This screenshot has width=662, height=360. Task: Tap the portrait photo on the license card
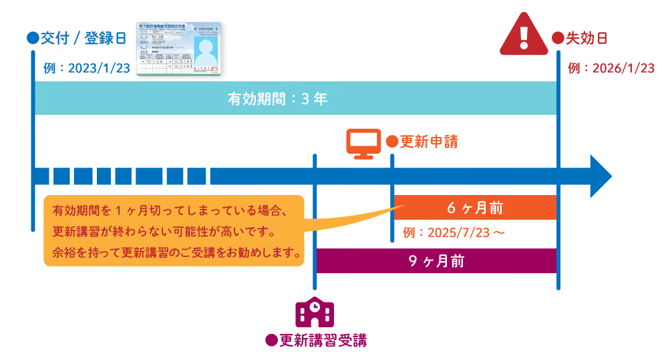[206, 52]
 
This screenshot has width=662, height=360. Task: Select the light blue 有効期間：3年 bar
[295, 98]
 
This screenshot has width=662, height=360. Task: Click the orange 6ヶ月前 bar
[475, 208]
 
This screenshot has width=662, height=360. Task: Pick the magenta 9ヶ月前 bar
[436, 260]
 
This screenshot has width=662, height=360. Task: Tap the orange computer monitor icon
[361, 142]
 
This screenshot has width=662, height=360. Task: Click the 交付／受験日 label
[76, 38]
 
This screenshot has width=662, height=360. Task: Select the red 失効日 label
[579, 38]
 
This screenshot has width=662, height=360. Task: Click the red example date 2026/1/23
[610, 68]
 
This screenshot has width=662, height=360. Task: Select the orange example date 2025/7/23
[454, 232]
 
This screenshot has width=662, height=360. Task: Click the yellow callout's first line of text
[170, 211]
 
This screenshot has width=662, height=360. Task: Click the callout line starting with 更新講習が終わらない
[164, 232]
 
